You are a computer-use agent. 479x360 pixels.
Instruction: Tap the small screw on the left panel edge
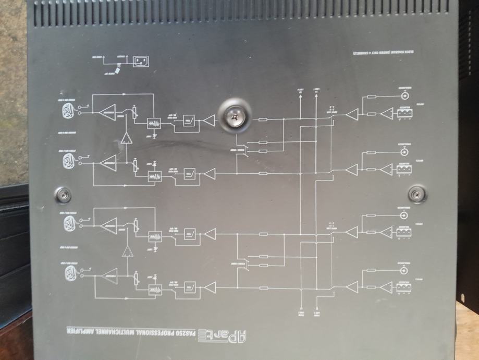tap(64, 194)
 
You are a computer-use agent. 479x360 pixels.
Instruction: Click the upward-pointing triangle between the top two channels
tap(126, 138)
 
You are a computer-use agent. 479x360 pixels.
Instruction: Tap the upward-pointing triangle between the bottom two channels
tap(126, 253)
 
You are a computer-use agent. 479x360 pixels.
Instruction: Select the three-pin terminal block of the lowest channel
tap(403, 286)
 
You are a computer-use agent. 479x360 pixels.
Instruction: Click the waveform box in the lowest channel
tap(155, 287)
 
